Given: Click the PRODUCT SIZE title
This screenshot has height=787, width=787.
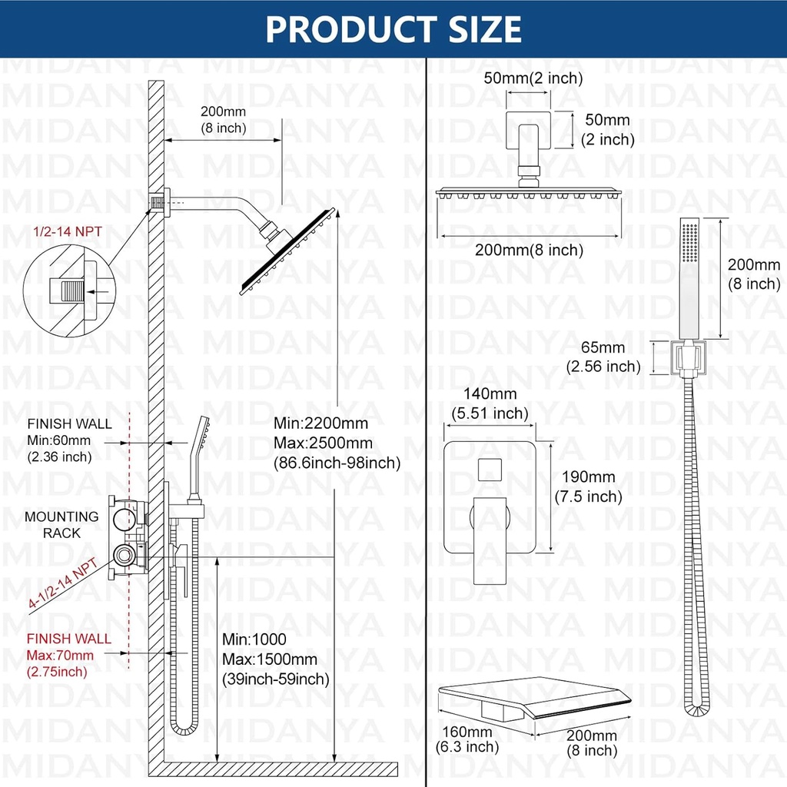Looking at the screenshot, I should coord(393,28).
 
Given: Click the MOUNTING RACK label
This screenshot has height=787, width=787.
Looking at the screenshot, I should coord(61,524).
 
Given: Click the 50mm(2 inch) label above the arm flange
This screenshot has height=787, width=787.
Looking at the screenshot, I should coord(533,78).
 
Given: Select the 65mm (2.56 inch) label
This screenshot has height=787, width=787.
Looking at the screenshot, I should coord(603,357).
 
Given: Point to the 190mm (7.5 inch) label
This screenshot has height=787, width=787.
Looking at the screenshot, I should coord(588,487).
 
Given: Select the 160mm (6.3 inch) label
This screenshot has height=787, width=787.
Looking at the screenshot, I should coord(467,739).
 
